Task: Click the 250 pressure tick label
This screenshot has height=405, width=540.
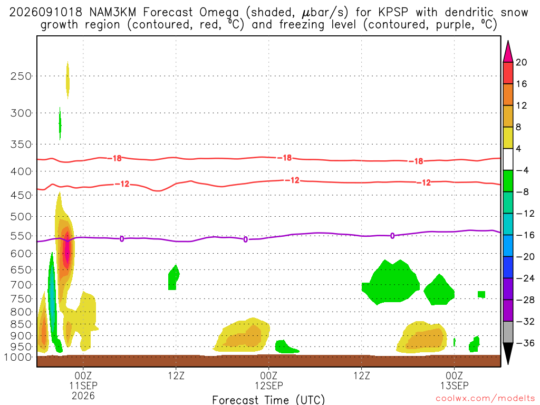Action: click(21, 76)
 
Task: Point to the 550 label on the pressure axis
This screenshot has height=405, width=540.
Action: click(21, 236)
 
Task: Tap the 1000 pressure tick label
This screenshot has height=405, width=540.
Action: click(18, 357)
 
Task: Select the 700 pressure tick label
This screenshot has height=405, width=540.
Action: click(21, 285)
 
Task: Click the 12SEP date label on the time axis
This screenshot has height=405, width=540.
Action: click(268, 385)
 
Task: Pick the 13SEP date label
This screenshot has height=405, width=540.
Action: click(454, 385)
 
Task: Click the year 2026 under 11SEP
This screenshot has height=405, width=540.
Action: click(83, 396)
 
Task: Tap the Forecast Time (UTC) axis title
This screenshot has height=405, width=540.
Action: click(268, 400)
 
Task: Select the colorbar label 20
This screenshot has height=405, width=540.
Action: click(522, 62)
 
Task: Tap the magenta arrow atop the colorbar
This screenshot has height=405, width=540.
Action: click(508, 52)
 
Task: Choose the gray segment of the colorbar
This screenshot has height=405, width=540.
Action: click(508, 332)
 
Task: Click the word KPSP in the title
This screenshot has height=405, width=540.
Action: click(393, 13)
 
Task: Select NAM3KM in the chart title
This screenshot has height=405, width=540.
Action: click(113, 13)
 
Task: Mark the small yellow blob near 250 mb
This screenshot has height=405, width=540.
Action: click(67, 80)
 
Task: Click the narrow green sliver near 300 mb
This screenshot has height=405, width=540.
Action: click(60, 123)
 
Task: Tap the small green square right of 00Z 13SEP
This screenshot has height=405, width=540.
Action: click(481, 294)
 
